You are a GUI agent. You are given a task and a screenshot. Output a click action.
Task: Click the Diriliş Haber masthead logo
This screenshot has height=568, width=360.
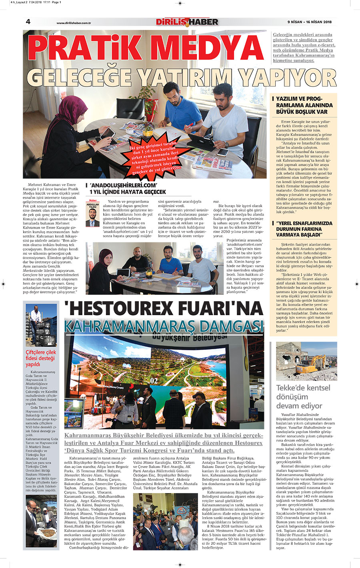click(187, 22)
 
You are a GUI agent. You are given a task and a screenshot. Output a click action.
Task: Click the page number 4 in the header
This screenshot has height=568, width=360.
click(28, 22)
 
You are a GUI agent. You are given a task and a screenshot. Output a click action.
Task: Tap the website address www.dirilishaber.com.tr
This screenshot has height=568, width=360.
click(74, 23)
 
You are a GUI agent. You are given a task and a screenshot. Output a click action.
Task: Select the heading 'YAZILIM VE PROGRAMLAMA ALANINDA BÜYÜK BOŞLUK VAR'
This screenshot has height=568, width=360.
click(304, 105)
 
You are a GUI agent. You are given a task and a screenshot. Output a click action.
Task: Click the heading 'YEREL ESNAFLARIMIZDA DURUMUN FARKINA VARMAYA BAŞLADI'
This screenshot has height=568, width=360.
click(304, 229)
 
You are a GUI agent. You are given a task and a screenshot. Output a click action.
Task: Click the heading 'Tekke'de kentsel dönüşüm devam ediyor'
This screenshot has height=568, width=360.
click(303, 396)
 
